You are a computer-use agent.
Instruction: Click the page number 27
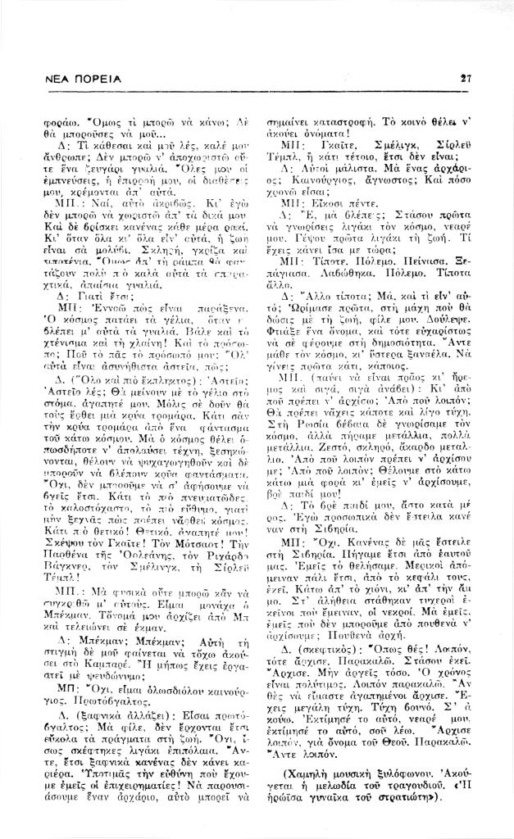[x=465, y=79]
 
